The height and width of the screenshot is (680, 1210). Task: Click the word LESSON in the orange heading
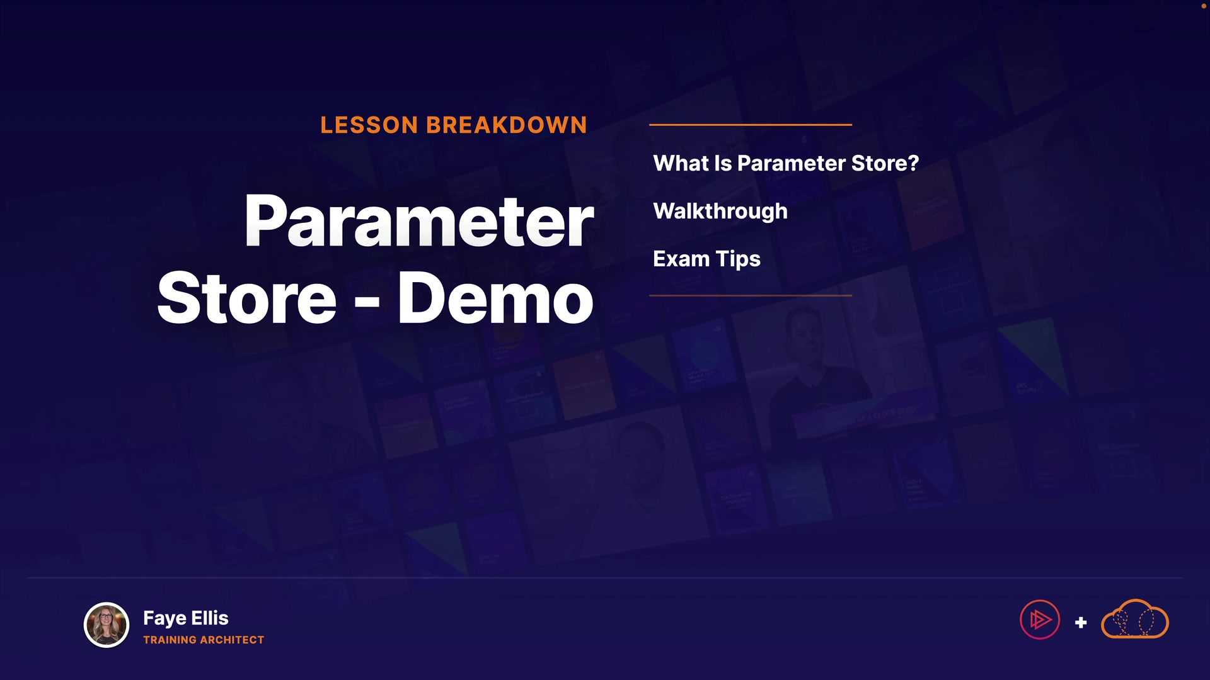[369, 125]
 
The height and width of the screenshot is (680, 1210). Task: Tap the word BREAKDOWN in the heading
[507, 125]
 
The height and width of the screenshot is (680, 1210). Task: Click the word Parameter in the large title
[419, 222]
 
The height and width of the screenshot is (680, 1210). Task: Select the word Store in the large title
[246, 298]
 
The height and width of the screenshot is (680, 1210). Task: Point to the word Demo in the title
[495, 298]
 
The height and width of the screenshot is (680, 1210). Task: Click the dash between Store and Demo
[367, 301]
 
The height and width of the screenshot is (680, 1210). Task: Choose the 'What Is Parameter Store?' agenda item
[786, 164]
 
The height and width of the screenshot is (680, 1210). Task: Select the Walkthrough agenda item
[720, 212]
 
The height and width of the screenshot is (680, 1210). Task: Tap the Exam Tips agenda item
[706, 259]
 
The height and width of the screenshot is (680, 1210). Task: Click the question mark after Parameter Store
[913, 164]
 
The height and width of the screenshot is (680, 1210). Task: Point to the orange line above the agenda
[751, 125]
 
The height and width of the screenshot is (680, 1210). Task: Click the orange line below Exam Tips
[751, 295]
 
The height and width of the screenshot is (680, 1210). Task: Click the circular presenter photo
[107, 625]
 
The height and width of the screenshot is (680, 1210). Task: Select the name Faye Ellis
[186, 618]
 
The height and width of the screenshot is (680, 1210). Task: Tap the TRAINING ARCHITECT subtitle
[204, 640]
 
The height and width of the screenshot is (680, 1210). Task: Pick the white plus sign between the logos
[1081, 623]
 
